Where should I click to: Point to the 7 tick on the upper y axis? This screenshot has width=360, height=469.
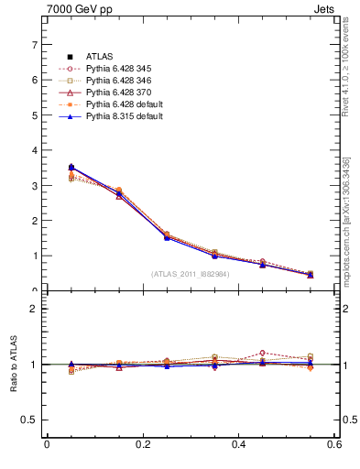(34, 44)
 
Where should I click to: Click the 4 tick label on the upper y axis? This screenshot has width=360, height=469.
(34, 150)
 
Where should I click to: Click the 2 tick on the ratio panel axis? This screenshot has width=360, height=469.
(34, 309)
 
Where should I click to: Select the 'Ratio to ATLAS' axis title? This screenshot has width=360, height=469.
(14, 365)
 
